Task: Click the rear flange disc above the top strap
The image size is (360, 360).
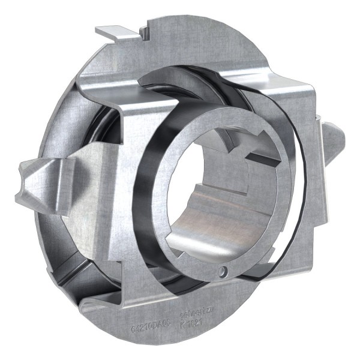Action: (198, 42)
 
